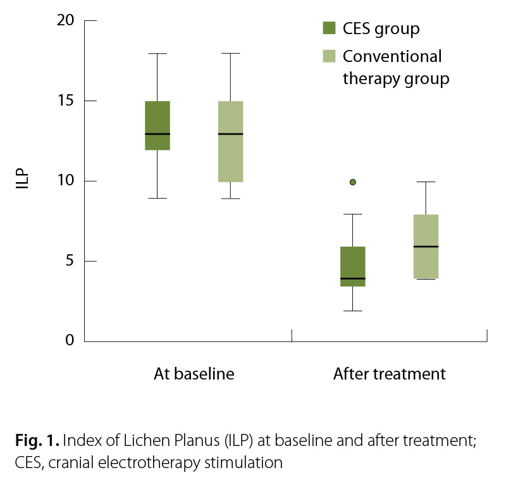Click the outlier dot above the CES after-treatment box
click(353, 182)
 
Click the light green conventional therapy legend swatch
click(329, 56)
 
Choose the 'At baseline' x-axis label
click(194, 374)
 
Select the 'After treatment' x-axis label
click(389, 374)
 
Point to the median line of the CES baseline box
click(157, 134)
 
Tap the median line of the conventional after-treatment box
click(426, 246)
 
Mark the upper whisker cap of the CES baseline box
click(157, 54)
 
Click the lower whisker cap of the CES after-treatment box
click(353, 311)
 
